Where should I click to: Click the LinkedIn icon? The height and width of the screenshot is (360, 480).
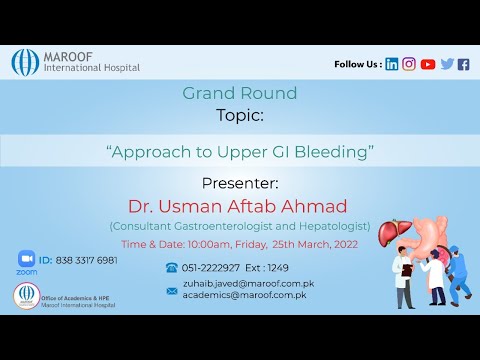392,64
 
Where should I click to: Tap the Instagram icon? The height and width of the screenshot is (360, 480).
409,64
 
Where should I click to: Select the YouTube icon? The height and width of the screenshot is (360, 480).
428,64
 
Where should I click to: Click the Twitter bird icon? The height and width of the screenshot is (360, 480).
447,64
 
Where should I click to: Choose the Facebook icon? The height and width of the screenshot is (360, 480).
463,64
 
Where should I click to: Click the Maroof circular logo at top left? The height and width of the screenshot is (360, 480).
25,62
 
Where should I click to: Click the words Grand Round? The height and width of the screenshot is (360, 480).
239,94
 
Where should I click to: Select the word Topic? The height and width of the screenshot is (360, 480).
240,115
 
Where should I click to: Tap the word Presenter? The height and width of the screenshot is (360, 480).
240,183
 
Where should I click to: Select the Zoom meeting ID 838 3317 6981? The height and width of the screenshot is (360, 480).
78,260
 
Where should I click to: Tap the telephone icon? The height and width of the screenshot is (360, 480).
171,268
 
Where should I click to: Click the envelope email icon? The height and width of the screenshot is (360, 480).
171,290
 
